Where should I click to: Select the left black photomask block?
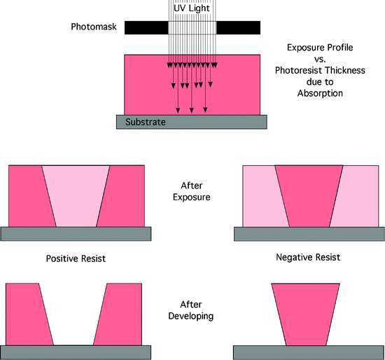[146, 27]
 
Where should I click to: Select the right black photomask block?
[239, 27]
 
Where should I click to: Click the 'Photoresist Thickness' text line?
[318, 69]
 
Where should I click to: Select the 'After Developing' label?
[192, 310]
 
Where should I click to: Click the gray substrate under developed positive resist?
[76, 352]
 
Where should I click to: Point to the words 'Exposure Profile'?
[318, 47]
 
